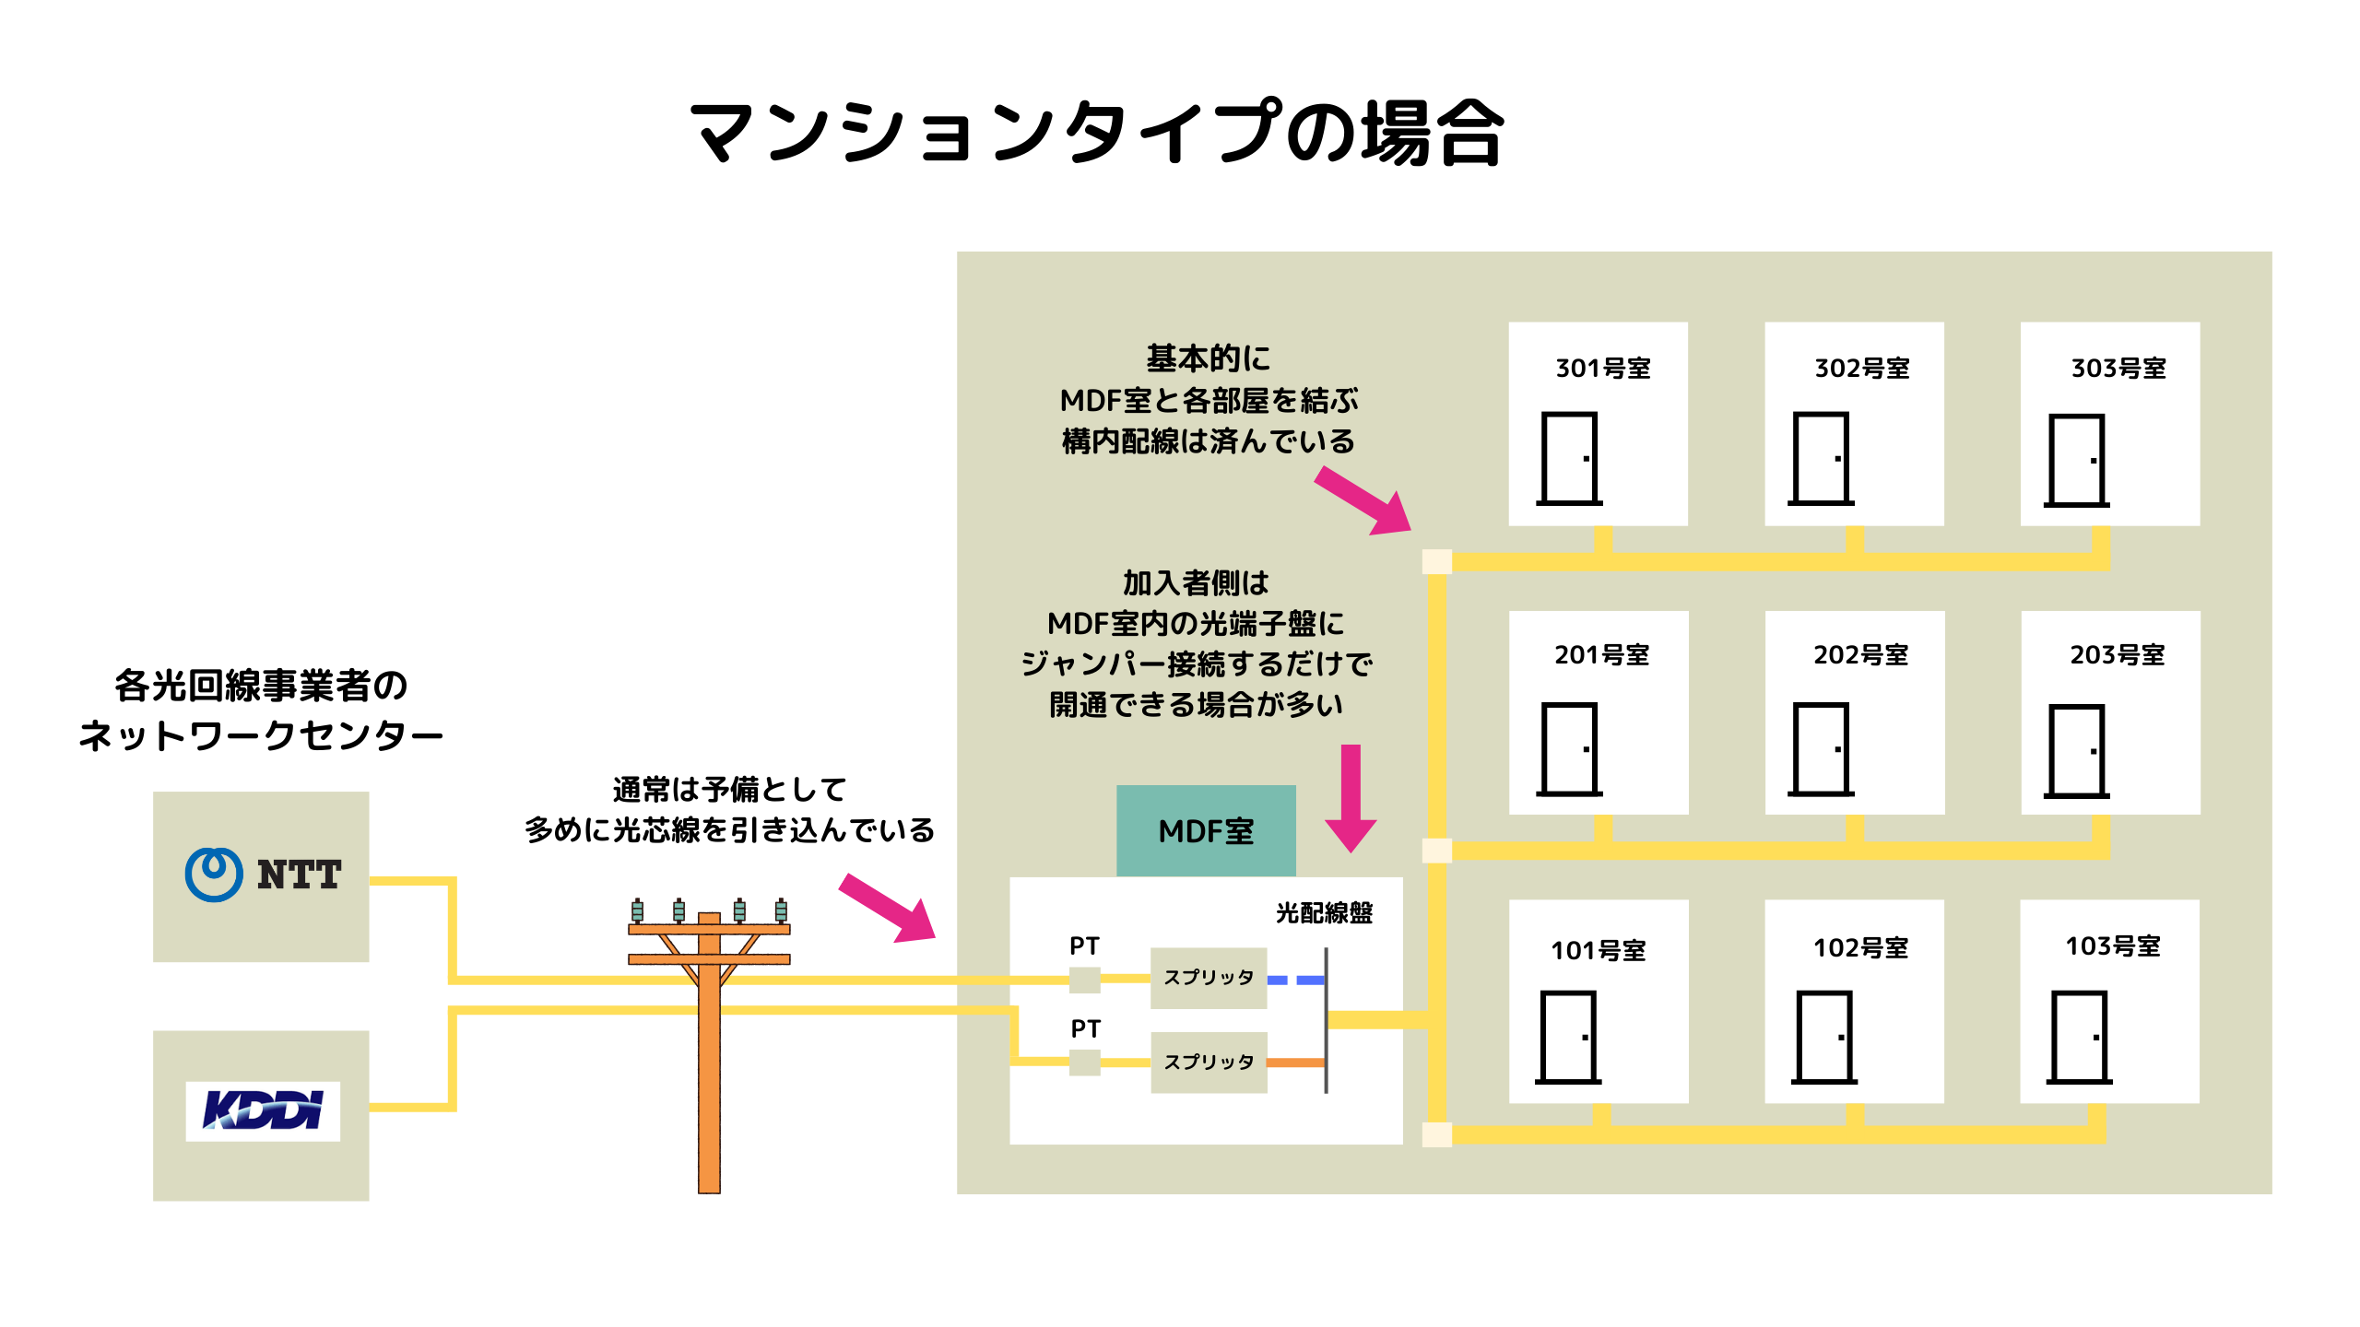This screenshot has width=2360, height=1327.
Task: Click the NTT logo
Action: [264, 874]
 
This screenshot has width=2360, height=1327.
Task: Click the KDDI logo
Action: [263, 1110]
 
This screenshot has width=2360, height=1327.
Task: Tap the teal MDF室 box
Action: [1206, 831]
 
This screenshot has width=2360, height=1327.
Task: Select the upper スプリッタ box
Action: [1209, 978]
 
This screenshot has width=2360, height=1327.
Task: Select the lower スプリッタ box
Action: [1209, 1063]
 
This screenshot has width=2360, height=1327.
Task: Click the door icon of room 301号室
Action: [1569, 459]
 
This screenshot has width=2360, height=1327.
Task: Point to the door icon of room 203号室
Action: [2076, 751]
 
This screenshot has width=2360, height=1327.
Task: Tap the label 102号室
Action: [1860, 947]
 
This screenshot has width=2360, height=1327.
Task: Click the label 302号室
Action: [1861, 368]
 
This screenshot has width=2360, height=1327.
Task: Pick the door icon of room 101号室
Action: [1568, 1038]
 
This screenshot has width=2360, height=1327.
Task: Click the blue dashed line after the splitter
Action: [1295, 980]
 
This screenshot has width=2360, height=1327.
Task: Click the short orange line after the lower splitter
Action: [1295, 1063]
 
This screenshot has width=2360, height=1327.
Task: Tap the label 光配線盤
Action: [1324, 912]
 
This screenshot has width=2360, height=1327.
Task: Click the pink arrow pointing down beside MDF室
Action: [1351, 797]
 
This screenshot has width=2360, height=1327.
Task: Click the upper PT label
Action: [1084, 945]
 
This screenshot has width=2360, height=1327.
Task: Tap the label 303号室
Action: [2118, 368]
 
